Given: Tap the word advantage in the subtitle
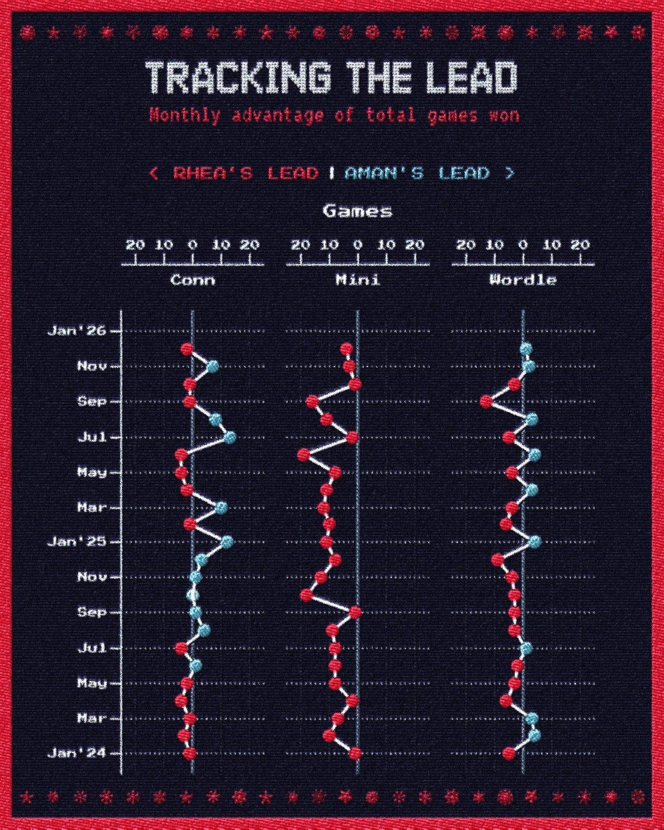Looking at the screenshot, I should click(x=278, y=115).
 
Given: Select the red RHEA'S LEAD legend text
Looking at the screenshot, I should click(x=246, y=173).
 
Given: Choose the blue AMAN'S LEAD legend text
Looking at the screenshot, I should click(x=417, y=173).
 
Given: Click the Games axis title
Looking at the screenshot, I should click(x=357, y=211).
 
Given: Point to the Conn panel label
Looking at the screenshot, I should click(x=193, y=280).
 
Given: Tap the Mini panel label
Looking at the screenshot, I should click(x=357, y=280).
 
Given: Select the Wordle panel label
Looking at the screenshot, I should click(x=523, y=280).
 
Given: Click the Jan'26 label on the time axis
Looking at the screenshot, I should click(x=76, y=331).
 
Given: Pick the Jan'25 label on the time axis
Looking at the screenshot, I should click(x=76, y=542).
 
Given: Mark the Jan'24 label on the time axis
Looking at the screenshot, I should click(x=76, y=753).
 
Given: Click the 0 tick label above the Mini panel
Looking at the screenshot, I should click(x=358, y=245).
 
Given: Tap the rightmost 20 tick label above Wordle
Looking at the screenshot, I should click(x=580, y=245).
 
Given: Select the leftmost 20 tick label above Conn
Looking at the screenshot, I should click(x=135, y=245).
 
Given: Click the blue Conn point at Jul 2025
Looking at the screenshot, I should click(x=230, y=437).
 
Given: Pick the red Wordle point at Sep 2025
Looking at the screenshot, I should click(x=486, y=401).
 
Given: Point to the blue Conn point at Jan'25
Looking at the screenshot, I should click(x=227, y=541).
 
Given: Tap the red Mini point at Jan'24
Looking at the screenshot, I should click(x=355, y=753).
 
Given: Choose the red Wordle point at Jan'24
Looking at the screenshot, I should click(x=509, y=753).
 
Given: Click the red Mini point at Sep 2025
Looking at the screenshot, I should click(x=312, y=401).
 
